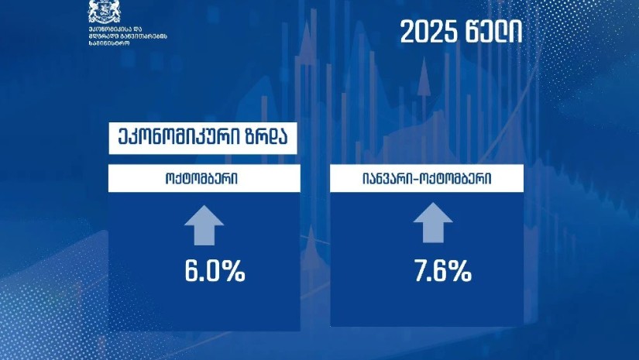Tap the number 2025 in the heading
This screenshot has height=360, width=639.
[427, 33]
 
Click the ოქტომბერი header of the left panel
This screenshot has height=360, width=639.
[203, 179]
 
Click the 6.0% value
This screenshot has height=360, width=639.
[215, 272]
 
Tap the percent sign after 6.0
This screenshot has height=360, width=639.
[234, 272]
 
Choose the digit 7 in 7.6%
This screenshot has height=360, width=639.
[419, 272]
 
